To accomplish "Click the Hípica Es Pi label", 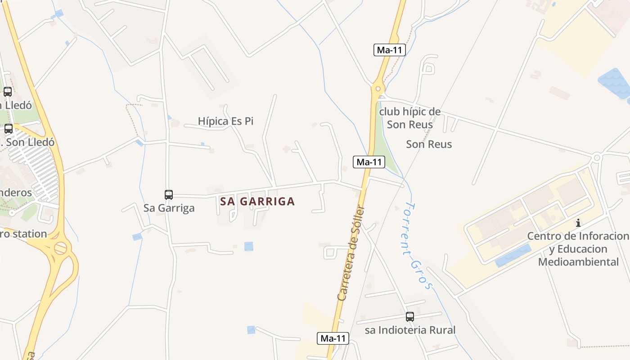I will click(225, 121).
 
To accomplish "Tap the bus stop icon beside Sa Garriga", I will click(169, 195).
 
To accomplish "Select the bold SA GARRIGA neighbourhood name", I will click(257, 202).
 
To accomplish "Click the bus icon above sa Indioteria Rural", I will click(409, 317).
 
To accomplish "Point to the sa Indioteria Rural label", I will click(410, 330).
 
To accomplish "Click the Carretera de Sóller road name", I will click(351, 253).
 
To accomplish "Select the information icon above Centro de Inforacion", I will click(578, 223).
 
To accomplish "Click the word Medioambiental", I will click(578, 262).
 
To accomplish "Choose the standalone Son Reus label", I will click(429, 144).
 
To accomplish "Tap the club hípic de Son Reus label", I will click(409, 118).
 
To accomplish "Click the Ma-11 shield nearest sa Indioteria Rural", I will click(333, 338).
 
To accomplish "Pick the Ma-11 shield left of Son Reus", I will click(369, 162).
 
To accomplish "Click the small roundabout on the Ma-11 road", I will click(378, 89).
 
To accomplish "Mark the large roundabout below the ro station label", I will click(60, 248).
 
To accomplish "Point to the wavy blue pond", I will click(614, 83).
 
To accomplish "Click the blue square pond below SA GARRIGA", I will click(248, 246).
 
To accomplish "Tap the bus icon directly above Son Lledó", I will click(9, 129).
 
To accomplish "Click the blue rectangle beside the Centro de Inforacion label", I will click(513, 256).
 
